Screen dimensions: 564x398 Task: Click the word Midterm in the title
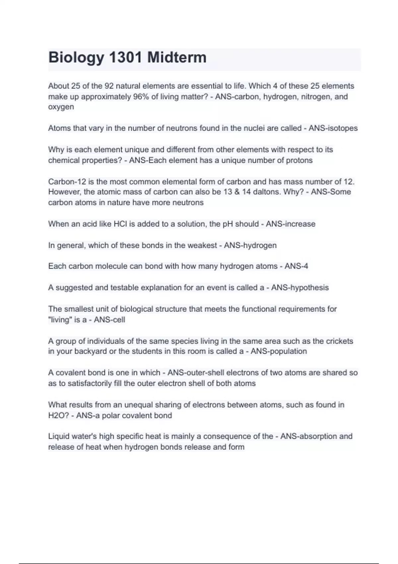[x=177, y=57]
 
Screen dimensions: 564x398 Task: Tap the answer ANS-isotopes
[x=333, y=128]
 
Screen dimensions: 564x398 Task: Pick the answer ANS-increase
[x=291, y=224]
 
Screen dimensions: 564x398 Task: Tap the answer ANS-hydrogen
[x=250, y=246]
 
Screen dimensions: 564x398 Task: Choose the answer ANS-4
[x=296, y=266]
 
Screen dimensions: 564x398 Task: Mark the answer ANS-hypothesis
[x=300, y=288]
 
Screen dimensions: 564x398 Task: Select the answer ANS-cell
[x=109, y=320]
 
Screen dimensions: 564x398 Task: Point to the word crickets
[x=340, y=341]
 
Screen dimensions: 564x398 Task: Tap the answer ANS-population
[x=279, y=351]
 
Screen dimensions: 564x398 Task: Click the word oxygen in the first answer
[x=61, y=107]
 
